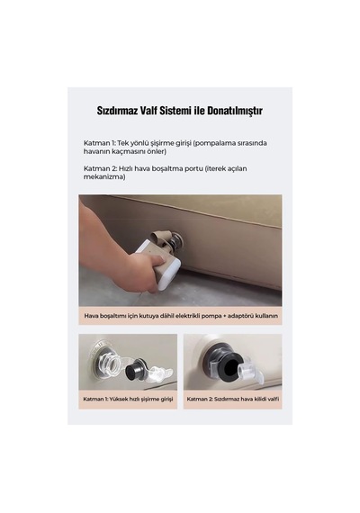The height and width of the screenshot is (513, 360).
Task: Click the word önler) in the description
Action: [157, 151]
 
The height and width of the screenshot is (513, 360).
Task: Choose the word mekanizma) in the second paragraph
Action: [104, 177]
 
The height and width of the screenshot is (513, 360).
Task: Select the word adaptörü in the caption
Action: [241, 317]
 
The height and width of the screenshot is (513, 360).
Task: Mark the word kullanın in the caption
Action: [266, 316]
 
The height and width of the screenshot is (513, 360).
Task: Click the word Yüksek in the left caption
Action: [119, 399]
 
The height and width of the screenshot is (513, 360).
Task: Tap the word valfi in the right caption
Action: [274, 399]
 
